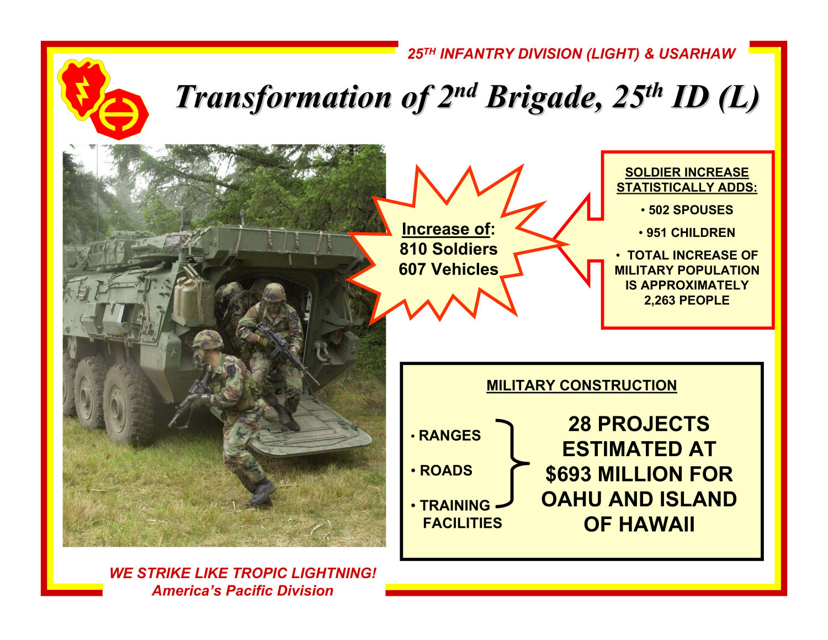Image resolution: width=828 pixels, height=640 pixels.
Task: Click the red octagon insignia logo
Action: point(120,114)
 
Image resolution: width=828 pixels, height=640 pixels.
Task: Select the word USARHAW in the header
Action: point(697,54)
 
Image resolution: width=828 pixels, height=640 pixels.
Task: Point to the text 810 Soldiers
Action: point(448,249)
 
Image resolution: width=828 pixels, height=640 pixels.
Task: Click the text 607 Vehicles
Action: point(448,269)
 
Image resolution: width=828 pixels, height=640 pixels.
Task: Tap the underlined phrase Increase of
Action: point(446,229)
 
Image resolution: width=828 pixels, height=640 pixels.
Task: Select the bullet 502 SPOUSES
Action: point(687,210)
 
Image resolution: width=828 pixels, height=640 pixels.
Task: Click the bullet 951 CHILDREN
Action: point(687,233)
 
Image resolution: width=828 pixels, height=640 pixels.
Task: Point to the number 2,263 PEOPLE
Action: point(687,300)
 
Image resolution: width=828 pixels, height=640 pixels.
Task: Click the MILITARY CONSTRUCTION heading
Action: point(581,385)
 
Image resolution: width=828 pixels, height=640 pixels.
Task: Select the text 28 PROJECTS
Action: point(639,424)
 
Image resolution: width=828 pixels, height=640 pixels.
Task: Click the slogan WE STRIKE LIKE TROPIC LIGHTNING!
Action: point(243,573)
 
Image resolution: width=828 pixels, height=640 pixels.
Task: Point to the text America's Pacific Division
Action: point(243,591)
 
